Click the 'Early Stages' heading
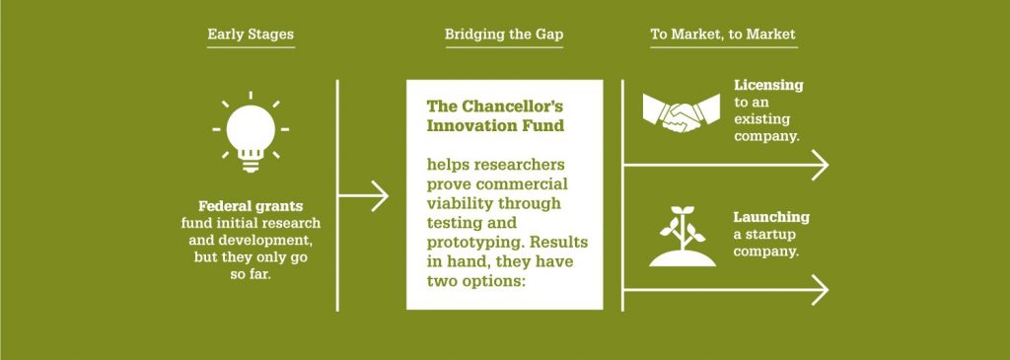(x=251, y=35)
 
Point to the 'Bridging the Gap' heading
(x=504, y=35)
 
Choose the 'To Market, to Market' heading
(x=723, y=35)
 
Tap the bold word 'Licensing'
(x=768, y=85)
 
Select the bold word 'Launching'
(x=771, y=216)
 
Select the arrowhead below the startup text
(x=819, y=290)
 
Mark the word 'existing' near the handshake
(x=765, y=117)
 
